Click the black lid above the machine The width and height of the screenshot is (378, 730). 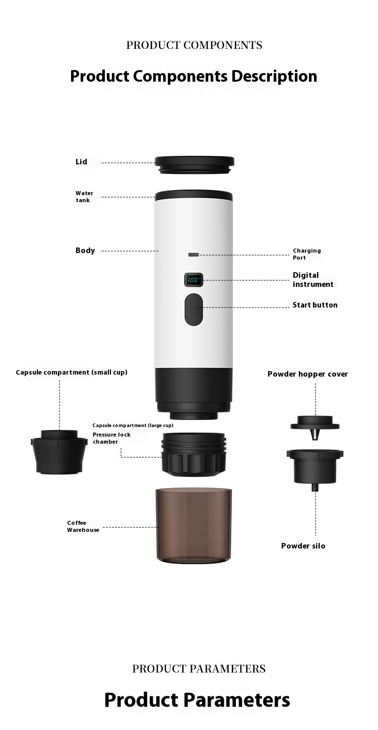tap(194, 165)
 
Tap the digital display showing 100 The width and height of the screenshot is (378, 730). tap(194, 280)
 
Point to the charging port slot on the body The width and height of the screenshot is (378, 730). tap(194, 255)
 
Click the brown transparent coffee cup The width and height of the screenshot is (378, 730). tap(194, 525)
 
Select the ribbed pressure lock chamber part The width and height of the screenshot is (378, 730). tap(194, 454)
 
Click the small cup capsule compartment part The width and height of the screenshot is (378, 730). tap(59, 452)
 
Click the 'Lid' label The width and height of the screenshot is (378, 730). tap(82, 162)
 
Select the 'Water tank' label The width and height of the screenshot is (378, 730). tap(84, 197)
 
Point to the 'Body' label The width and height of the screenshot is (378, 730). tap(85, 250)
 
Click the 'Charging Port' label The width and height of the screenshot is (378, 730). tap(306, 254)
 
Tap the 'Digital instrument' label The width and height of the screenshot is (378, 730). tap(313, 280)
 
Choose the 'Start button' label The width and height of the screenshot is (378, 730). tap(315, 305)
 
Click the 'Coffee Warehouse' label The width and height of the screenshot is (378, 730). tap(83, 526)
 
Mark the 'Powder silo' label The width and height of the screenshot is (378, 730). tap(303, 546)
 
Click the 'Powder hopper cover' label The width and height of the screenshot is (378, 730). tap(307, 374)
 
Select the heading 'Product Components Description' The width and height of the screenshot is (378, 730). tap(194, 76)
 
